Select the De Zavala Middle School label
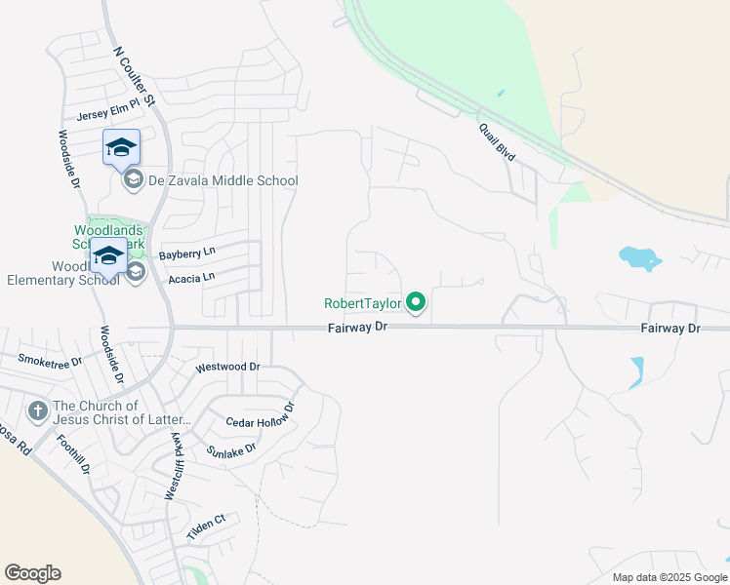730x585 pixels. point(223,180)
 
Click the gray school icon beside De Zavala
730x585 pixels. point(131,180)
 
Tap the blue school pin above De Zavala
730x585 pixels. point(121,147)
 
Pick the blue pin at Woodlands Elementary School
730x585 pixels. point(108,256)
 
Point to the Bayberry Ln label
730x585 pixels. point(186,253)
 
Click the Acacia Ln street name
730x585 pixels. point(190,278)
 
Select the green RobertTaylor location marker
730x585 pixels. point(417,303)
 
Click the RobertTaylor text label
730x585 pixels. point(363,303)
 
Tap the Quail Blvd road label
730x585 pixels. point(497,141)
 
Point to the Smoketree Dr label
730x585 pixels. point(50,360)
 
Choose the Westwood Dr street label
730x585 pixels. point(227,368)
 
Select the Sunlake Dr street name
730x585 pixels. point(231,450)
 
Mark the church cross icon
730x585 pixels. point(38,410)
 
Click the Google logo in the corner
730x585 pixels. point(33,573)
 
